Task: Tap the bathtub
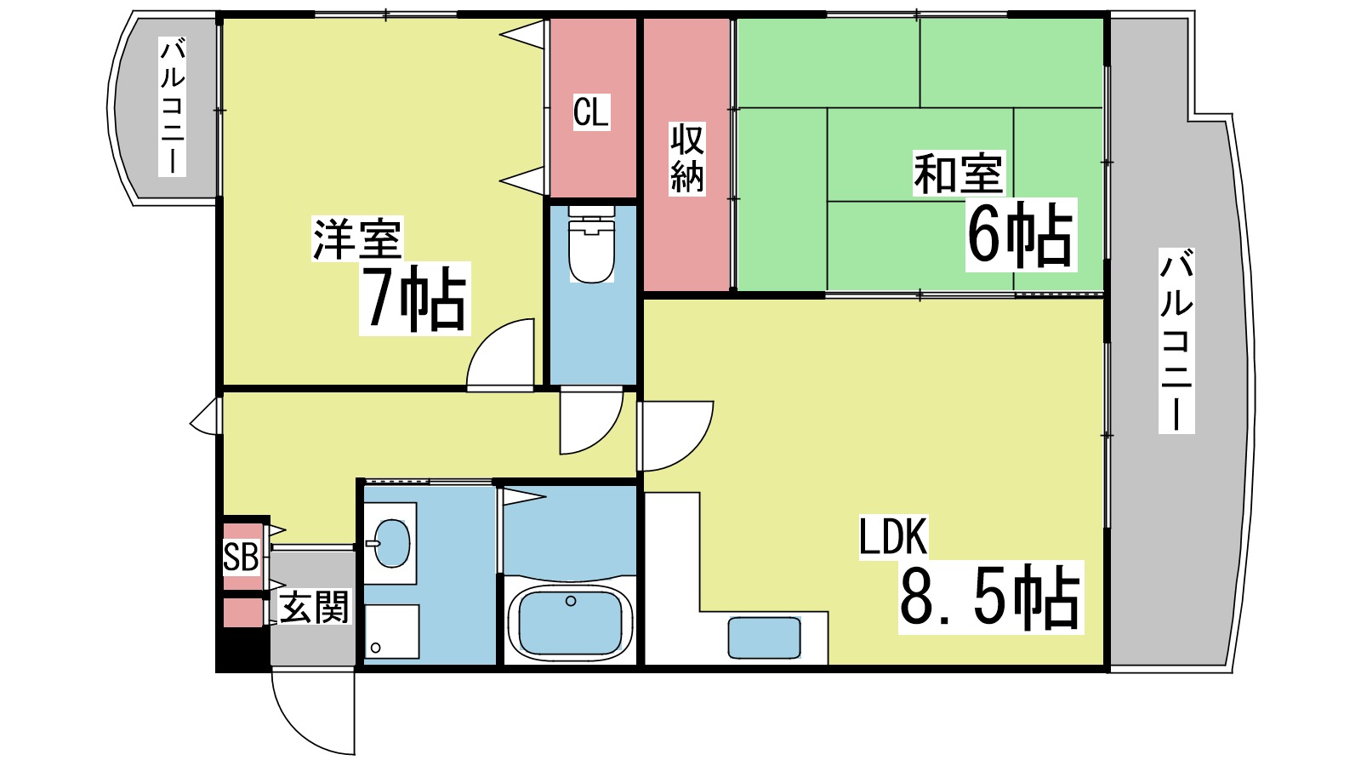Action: click(x=570, y=621)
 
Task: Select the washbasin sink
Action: click(x=390, y=542)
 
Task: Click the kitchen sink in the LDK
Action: click(x=764, y=637)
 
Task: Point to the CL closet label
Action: click(x=591, y=112)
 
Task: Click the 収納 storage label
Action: click(x=687, y=158)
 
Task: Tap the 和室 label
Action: click(x=958, y=173)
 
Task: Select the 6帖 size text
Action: click(x=1020, y=235)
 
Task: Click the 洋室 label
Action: click(x=357, y=239)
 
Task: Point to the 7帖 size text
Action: click(x=414, y=298)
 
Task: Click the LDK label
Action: click(x=892, y=536)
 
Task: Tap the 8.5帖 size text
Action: click(x=990, y=597)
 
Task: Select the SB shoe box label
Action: click(x=241, y=557)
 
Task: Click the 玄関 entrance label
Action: click(x=314, y=607)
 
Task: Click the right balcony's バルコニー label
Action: click(x=1176, y=340)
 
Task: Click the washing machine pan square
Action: click(x=392, y=632)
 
